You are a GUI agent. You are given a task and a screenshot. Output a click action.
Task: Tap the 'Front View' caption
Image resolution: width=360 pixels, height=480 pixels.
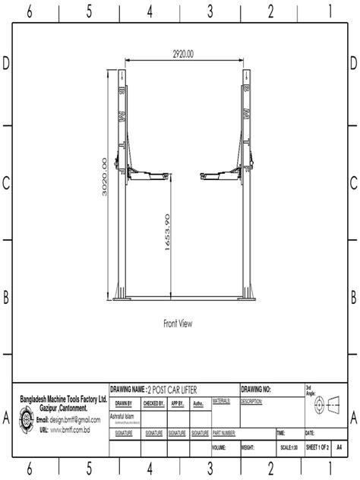pyautogui.click(x=178, y=323)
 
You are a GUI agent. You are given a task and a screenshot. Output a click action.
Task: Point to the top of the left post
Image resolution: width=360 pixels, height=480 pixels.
pyautogui.click(x=121, y=73)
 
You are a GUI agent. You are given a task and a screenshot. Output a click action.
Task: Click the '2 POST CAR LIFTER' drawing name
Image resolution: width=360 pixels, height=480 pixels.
pyautogui.click(x=175, y=389)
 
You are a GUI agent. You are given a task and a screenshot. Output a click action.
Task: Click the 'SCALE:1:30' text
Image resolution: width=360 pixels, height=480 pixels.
pyautogui.click(x=289, y=449)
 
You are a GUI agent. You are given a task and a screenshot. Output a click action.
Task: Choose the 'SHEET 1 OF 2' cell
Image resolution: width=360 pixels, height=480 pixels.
pyautogui.click(x=317, y=449)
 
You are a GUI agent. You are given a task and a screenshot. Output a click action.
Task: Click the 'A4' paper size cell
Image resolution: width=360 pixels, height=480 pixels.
pyautogui.click(x=339, y=449)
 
